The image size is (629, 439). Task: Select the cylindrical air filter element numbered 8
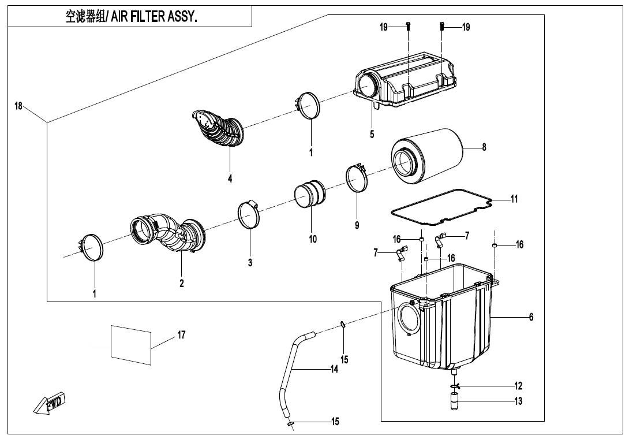[427, 153]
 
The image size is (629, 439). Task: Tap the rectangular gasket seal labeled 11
[441, 206]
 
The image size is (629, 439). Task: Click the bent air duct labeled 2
[167, 234]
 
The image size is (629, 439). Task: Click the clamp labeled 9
[357, 178]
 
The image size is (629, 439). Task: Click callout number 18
[18, 106]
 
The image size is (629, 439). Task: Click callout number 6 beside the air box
[531, 317]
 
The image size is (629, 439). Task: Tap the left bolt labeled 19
[408, 26]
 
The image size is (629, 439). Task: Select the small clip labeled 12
[455, 386]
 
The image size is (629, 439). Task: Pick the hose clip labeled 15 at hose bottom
[291, 425]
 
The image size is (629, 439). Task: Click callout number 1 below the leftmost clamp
[95, 293]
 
